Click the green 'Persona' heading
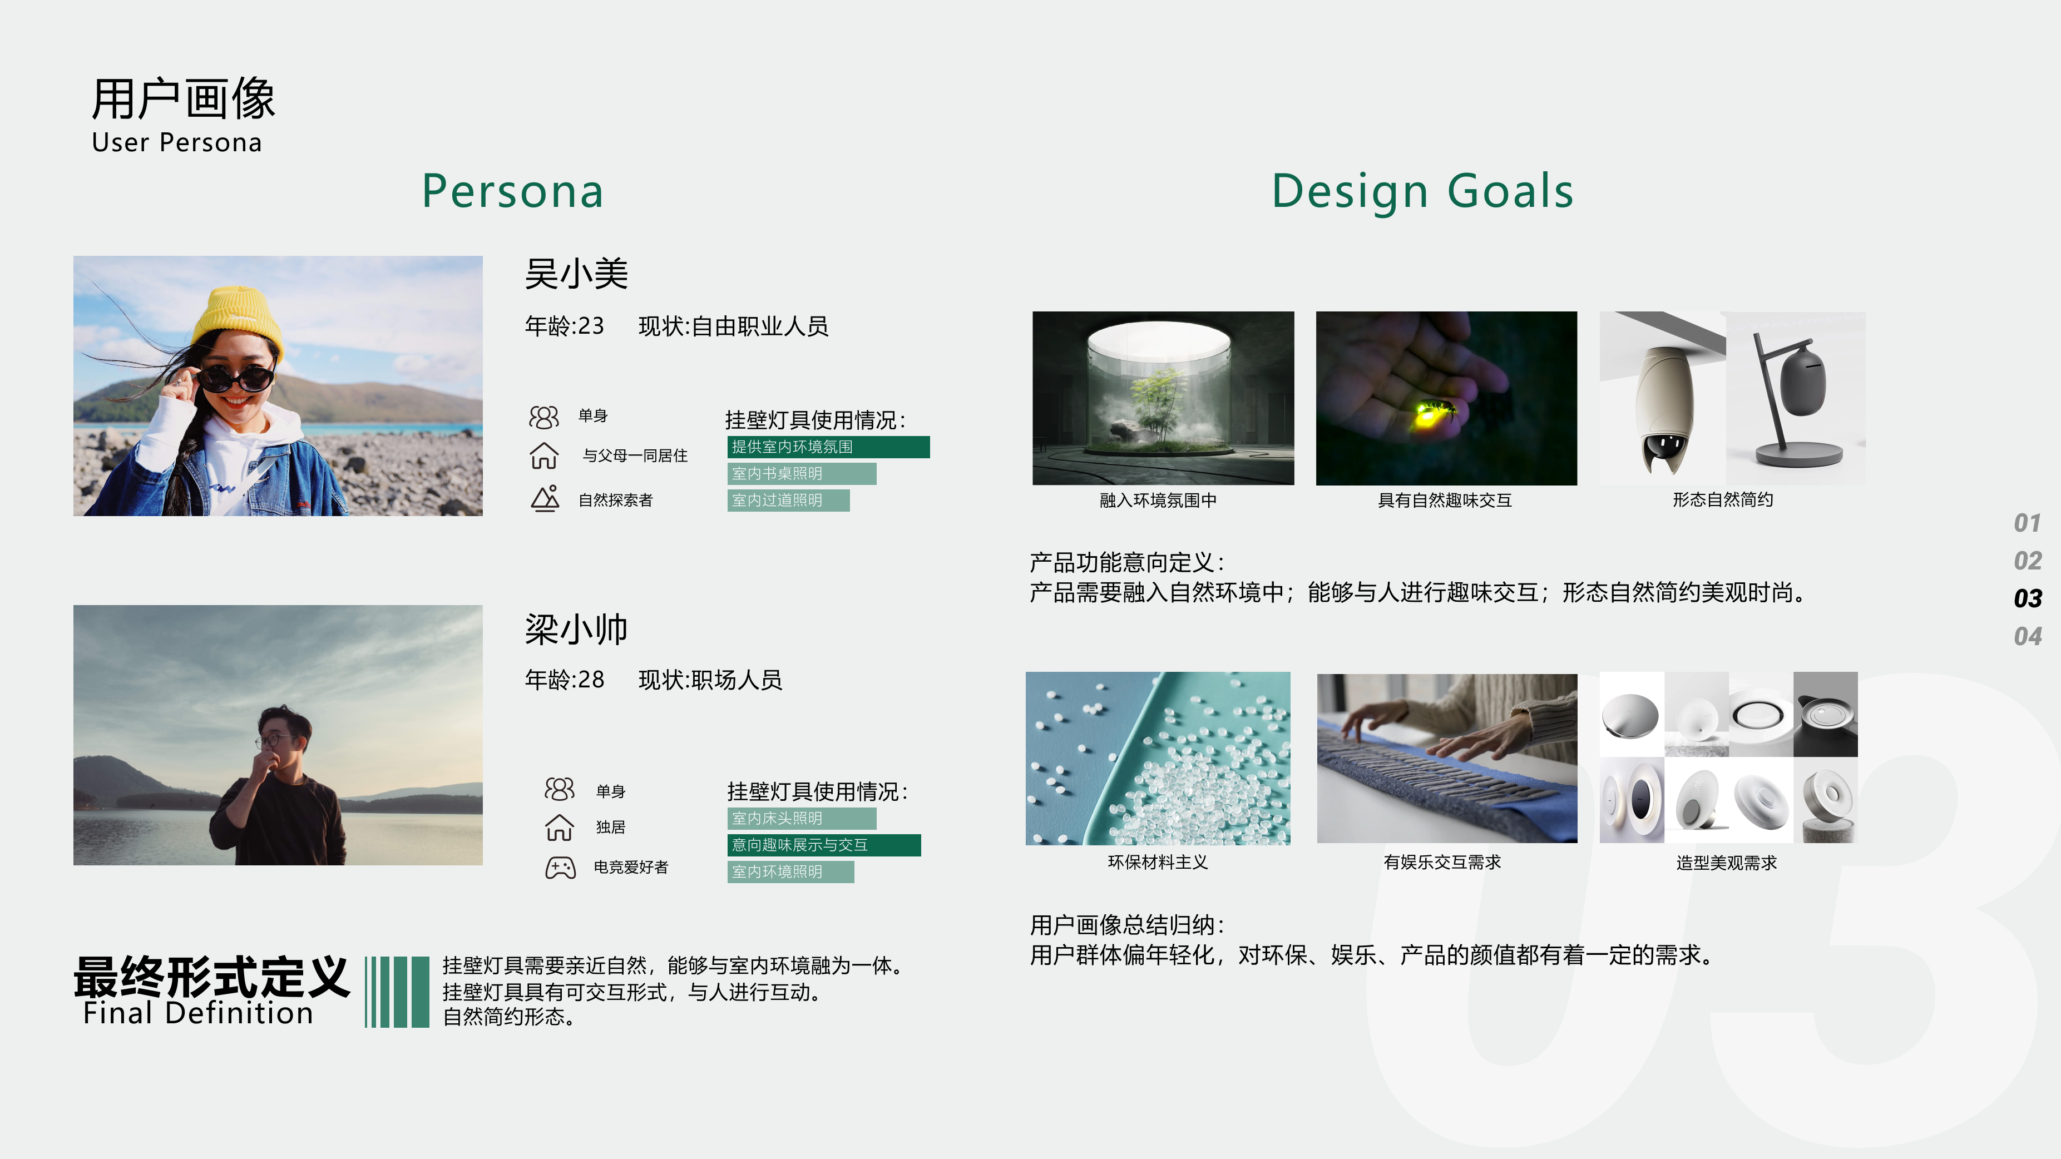513,192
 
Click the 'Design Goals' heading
1422,192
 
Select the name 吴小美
576,274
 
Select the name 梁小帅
576,630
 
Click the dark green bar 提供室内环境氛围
828,447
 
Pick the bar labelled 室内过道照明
788,501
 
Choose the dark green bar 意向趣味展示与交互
824,845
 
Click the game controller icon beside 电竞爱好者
560,868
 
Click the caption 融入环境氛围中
1158,501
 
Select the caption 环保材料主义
1158,862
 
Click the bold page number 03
2028,598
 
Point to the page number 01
2028,523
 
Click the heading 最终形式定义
212,977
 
